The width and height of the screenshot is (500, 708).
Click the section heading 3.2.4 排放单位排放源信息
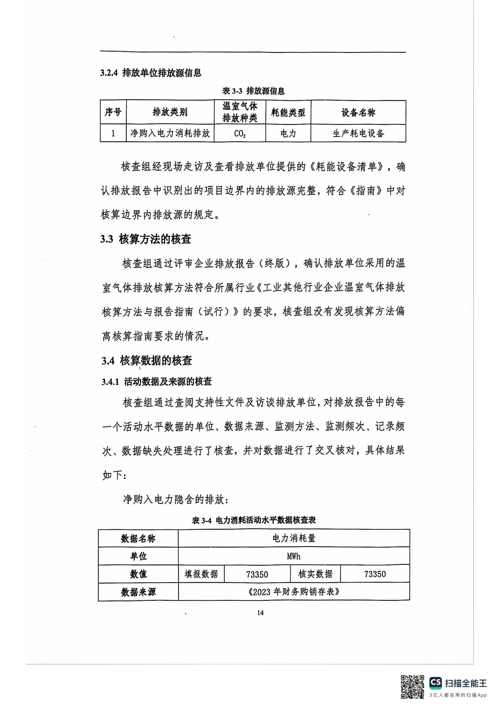click(151, 73)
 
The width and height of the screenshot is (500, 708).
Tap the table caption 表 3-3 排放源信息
click(253, 91)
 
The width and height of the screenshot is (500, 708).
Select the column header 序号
click(113, 112)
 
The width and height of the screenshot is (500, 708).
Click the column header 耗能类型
click(288, 113)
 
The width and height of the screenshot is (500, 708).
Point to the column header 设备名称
click(358, 113)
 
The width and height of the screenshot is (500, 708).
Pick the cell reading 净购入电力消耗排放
click(170, 133)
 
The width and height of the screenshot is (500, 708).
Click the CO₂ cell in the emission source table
click(240, 133)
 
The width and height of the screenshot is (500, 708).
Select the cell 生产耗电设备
click(358, 133)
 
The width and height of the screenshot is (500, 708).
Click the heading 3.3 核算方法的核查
click(146, 239)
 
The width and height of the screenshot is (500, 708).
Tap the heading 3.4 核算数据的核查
click(147, 361)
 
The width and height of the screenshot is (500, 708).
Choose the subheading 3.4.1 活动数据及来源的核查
click(157, 381)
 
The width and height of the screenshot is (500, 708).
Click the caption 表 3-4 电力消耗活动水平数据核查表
click(254, 520)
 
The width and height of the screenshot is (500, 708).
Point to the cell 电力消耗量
click(294, 538)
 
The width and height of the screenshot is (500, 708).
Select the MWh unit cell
click(294, 556)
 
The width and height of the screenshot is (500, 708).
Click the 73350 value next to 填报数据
click(257, 574)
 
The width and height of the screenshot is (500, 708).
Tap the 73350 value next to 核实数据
click(375, 574)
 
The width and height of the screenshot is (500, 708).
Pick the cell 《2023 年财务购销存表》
click(294, 592)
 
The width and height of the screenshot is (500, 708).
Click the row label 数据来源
click(138, 592)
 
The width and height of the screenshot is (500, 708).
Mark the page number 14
click(260, 613)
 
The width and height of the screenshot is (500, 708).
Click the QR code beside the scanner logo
click(412, 687)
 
